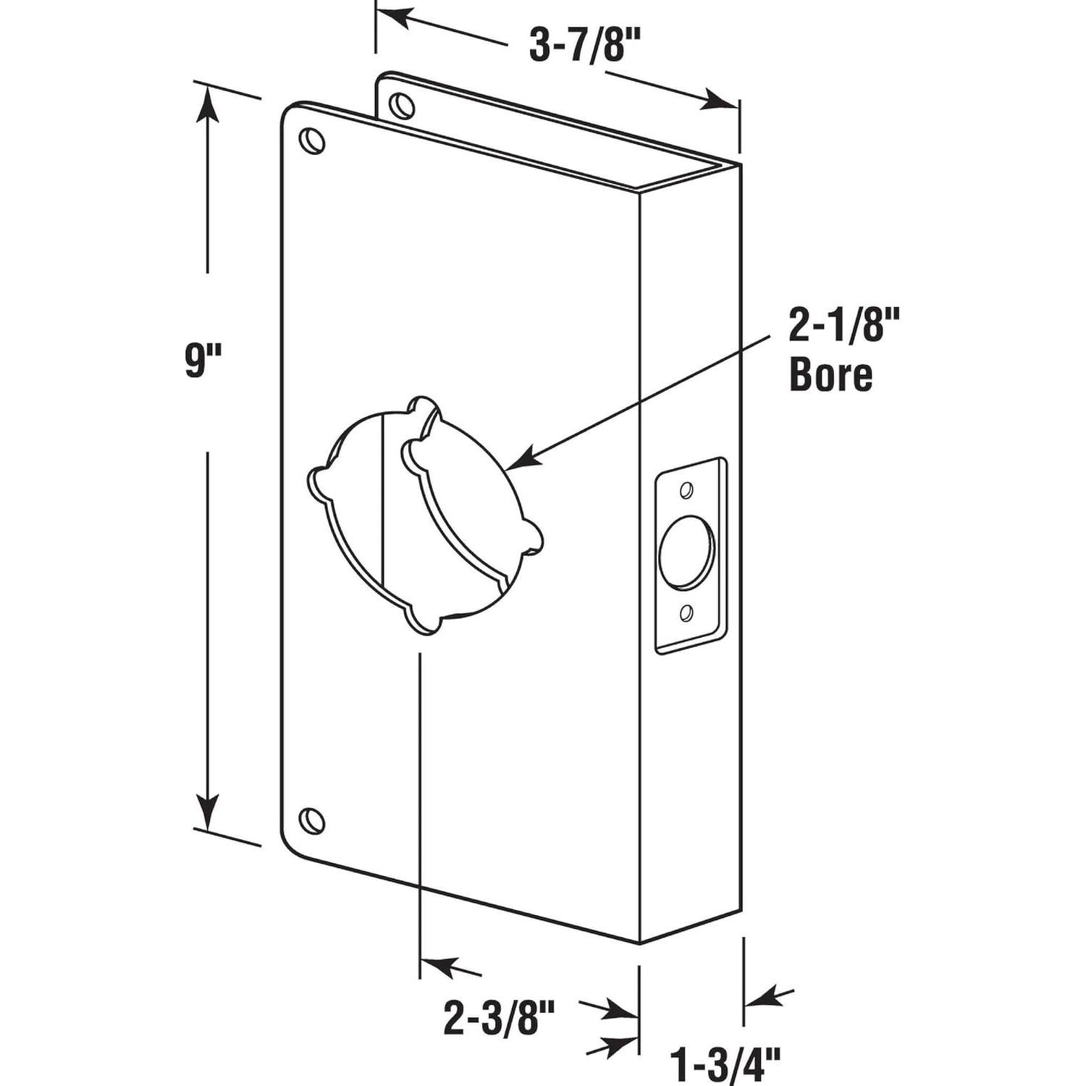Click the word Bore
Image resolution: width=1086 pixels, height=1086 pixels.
click(830, 376)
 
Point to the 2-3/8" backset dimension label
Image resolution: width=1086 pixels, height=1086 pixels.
click(499, 1019)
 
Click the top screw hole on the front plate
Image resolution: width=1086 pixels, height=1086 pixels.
click(312, 140)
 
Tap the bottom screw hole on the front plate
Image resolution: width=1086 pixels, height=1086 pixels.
click(312, 820)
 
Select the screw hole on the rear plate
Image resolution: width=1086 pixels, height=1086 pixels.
click(401, 106)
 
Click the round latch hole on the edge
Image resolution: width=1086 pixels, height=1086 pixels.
click(686, 552)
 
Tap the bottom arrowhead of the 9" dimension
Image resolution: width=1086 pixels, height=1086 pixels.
click(208, 812)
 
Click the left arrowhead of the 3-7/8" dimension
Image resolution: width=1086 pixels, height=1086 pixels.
click(395, 17)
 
